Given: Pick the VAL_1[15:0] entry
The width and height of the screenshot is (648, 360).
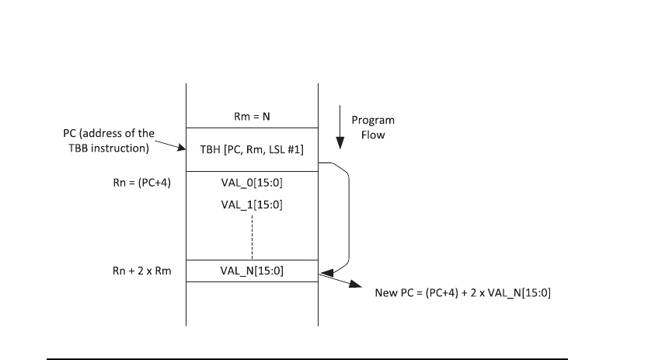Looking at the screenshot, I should pos(252,208).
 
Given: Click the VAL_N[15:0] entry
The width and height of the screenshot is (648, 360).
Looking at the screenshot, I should pos(252,271).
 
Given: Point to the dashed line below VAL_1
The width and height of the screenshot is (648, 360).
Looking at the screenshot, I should pos(253,237).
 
